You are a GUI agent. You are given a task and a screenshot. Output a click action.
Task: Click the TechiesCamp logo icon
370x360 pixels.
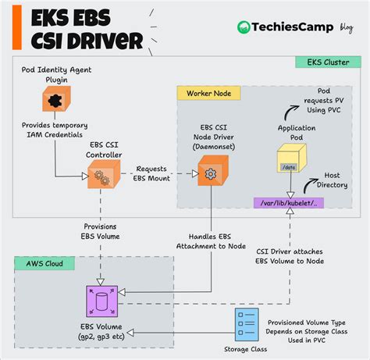pos(246,27)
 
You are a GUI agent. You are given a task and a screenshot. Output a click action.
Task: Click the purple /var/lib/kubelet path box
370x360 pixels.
pos(289,203)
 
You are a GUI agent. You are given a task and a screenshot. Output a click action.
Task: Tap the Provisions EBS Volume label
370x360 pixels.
pos(99,232)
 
